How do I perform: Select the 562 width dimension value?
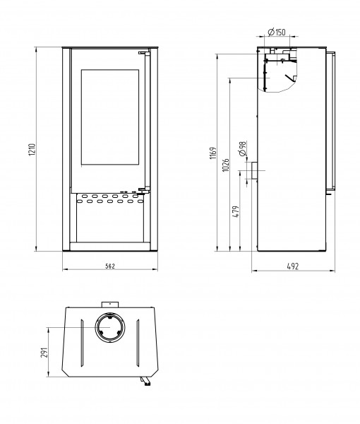point(109,266)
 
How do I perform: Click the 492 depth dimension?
point(293,266)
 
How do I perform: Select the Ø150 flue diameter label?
point(277,33)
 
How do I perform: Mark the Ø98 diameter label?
point(241,148)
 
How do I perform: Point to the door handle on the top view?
point(146,382)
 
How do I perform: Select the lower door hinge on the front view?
point(141,189)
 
